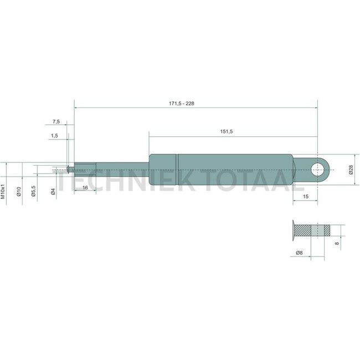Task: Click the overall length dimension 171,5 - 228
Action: pos(181,104)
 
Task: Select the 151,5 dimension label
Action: pos(227,132)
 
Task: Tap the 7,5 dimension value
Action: pos(56,122)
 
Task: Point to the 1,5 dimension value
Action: pos(54,136)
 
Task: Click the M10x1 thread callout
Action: pos(3,191)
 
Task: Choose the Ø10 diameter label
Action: pos(19,191)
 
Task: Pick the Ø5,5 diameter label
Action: pos(34,191)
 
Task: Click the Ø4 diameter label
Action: pos(53,192)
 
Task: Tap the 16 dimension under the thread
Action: pos(85,188)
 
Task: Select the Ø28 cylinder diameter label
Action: pos(351,169)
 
